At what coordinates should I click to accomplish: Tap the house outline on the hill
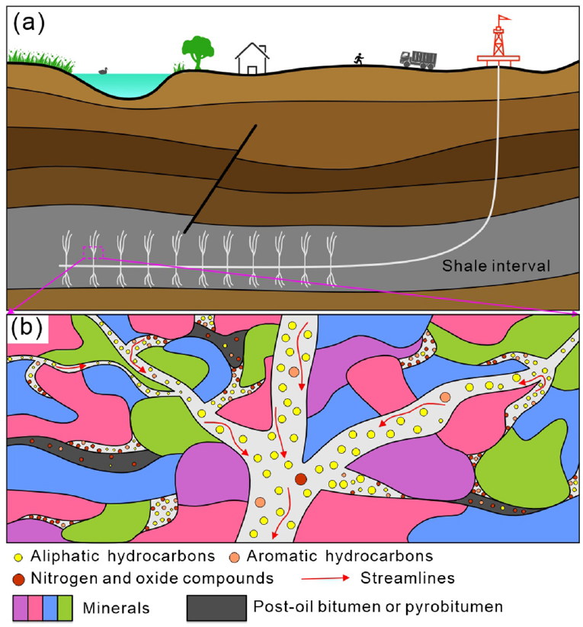pyautogui.click(x=252, y=59)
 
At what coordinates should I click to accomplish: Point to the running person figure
pyautogui.click(x=358, y=59)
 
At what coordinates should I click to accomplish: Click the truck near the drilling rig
pyautogui.click(x=418, y=58)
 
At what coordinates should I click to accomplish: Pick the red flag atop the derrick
pyautogui.click(x=503, y=19)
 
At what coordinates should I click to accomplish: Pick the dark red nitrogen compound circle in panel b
pyautogui.click(x=300, y=479)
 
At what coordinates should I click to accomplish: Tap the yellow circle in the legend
pyautogui.click(x=18, y=556)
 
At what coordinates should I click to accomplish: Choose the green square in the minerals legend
pyautogui.click(x=65, y=608)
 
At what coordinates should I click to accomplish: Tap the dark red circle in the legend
pyautogui.click(x=18, y=577)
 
